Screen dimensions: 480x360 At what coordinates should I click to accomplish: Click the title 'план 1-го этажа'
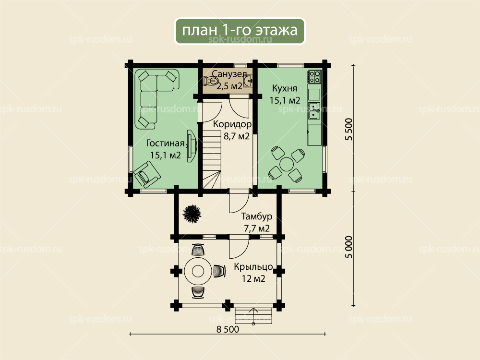coord(240,31)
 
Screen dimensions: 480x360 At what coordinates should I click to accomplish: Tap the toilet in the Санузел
coord(213,81)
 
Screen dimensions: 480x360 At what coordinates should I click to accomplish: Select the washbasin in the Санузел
coord(248,82)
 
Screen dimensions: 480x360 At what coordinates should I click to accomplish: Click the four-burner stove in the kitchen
coord(314,77)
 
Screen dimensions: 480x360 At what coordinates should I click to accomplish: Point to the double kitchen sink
coord(314,111)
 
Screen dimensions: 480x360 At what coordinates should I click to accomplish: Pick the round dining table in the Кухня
coord(287,164)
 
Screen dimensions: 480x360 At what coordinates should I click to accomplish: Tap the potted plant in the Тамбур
coord(192,214)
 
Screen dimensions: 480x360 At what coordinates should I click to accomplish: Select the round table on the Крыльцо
coord(198,271)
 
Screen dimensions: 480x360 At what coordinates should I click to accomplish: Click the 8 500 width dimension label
coord(228,329)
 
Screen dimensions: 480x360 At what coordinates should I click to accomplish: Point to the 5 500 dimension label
coord(349,129)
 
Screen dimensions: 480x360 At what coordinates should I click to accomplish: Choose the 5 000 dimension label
coord(349,247)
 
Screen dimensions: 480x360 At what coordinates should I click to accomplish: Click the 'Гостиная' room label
coord(165,143)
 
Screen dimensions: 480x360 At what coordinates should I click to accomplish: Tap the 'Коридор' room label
coord(232,124)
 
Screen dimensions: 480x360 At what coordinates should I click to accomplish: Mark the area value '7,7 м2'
coord(256,228)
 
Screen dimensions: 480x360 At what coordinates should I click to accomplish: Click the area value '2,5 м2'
coord(229,86)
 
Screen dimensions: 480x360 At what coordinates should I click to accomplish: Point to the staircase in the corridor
coord(212,158)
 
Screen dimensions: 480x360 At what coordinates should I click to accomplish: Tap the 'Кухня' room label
coord(285,88)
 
